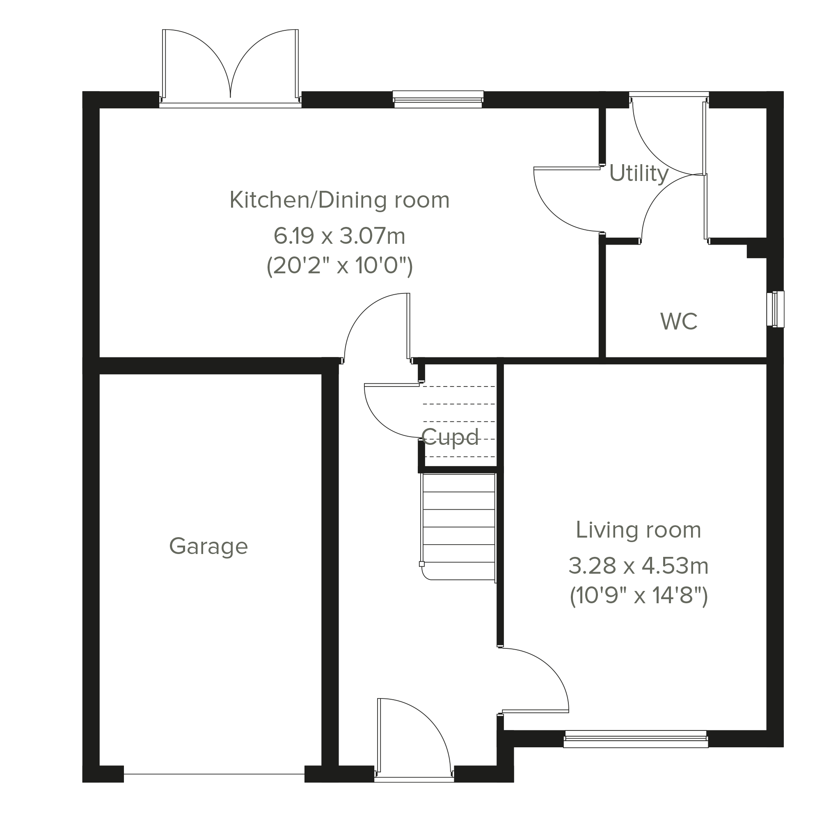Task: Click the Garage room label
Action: coord(208,547)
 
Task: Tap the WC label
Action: coord(679,321)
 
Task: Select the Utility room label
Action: coord(639,174)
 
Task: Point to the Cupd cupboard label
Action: coord(450,437)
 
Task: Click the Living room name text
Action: coord(639,529)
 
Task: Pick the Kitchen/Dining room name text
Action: coord(340,200)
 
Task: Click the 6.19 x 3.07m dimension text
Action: coord(340,236)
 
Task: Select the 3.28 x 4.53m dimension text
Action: coord(639,565)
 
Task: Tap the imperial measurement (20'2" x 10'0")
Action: coord(340,266)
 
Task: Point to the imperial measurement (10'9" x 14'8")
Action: coord(639,596)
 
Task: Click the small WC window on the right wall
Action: coord(776,309)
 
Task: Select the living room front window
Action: coord(636,739)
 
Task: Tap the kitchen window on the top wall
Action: coord(438,99)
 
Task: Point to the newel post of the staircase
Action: coord(422,564)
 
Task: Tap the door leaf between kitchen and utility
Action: coord(567,168)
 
